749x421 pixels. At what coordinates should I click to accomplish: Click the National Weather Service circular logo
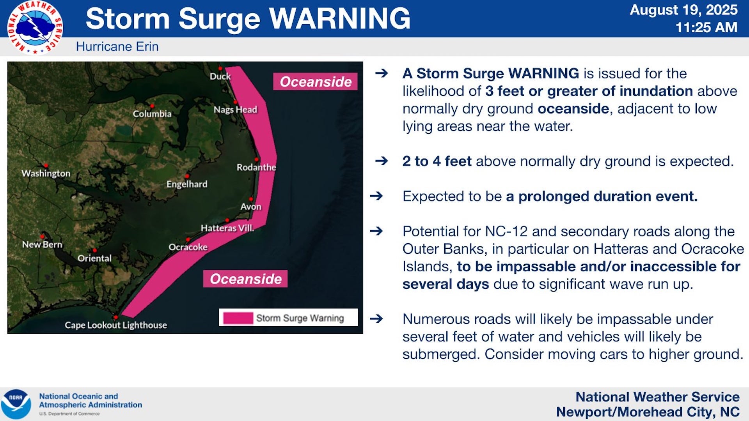click(x=35, y=27)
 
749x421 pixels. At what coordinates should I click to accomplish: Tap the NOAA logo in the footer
click(x=16, y=404)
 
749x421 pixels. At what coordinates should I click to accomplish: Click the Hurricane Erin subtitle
click(x=117, y=47)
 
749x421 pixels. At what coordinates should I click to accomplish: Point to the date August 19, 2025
click(x=683, y=10)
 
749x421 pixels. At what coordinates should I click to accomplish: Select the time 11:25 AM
click(x=706, y=27)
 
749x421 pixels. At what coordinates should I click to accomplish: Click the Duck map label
click(x=220, y=76)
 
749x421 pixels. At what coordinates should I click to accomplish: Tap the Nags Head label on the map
click(x=235, y=110)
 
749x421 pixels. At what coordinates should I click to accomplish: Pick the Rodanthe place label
click(x=256, y=167)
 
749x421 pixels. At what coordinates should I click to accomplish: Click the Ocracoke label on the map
click(x=188, y=247)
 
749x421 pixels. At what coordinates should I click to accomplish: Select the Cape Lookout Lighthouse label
click(x=116, y=325)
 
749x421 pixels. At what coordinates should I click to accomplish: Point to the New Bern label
click(x=42, y=244)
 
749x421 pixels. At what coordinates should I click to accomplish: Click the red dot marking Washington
click(x=46, y=166)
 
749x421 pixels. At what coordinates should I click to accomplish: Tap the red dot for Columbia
click(x=152, y=106)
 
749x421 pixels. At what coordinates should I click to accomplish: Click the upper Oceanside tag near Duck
click(x=315, y=81)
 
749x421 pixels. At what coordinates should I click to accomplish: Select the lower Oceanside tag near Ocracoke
click(x=245, y=279)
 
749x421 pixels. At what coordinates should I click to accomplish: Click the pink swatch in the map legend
click(x=238, y=318)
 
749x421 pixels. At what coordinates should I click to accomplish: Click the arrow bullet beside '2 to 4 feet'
click(x=381, y=161)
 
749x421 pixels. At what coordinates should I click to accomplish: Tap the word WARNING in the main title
click(x=339, y=18)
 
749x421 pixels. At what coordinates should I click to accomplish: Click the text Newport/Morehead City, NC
click(x=648, y=412)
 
